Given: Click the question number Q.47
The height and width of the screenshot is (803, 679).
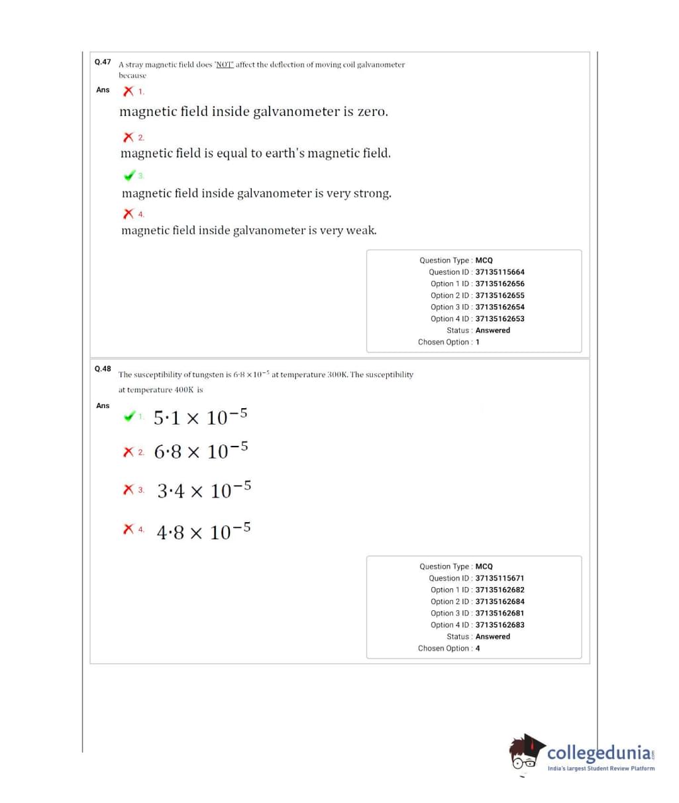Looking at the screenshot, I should click(103, 62).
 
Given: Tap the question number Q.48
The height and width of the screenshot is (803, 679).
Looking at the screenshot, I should click(103, 368).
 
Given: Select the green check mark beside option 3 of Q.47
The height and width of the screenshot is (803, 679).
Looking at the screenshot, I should click(129, 176).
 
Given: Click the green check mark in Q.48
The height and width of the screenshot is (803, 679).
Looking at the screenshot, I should click(129, 417).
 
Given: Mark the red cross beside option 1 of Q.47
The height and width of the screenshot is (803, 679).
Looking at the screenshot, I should click(128, 91).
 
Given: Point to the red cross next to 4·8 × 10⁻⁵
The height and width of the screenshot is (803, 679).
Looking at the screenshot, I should click(129, 529).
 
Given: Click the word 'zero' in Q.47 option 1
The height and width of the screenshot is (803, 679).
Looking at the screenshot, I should click(372, 112).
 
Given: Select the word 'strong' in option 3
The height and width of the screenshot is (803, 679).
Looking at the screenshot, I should click(372, 193).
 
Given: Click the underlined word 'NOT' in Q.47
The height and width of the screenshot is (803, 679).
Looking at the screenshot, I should click(225, 65).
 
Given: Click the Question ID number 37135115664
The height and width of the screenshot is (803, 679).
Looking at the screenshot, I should click(499, 272).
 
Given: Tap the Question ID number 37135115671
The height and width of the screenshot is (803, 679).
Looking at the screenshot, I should click(499, 578).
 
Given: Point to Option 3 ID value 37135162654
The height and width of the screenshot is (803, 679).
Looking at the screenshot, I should click(499, 307).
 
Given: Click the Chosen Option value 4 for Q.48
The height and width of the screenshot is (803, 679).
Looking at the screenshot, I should click(478, 649).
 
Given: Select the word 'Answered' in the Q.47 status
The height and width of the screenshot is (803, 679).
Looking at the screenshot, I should click(493, 331).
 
